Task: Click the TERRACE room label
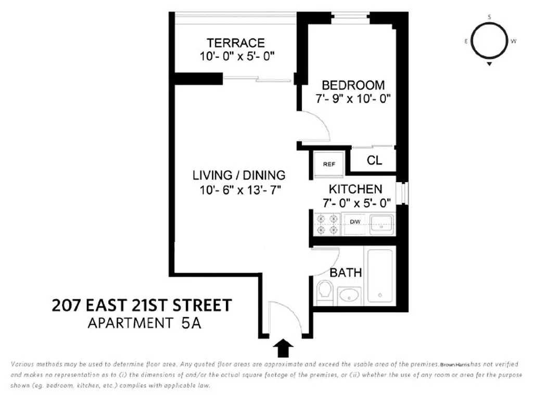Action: [x=235, y=43]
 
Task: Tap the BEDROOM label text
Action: [x=353, y=85]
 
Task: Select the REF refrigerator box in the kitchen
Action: [x=329, y=164]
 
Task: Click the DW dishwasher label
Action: [x=355, y=222]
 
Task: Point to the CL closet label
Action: [x=374, y=161]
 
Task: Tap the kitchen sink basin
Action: [x=382, y=223]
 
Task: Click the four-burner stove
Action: [x=326, y=224]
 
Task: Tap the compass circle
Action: [x=489, y=42]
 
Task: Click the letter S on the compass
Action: [x=489, y=17]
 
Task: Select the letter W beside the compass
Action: [x=514, y=41]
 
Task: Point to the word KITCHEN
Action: [x=355, y=189]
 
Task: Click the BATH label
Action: [x=346, y=273]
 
